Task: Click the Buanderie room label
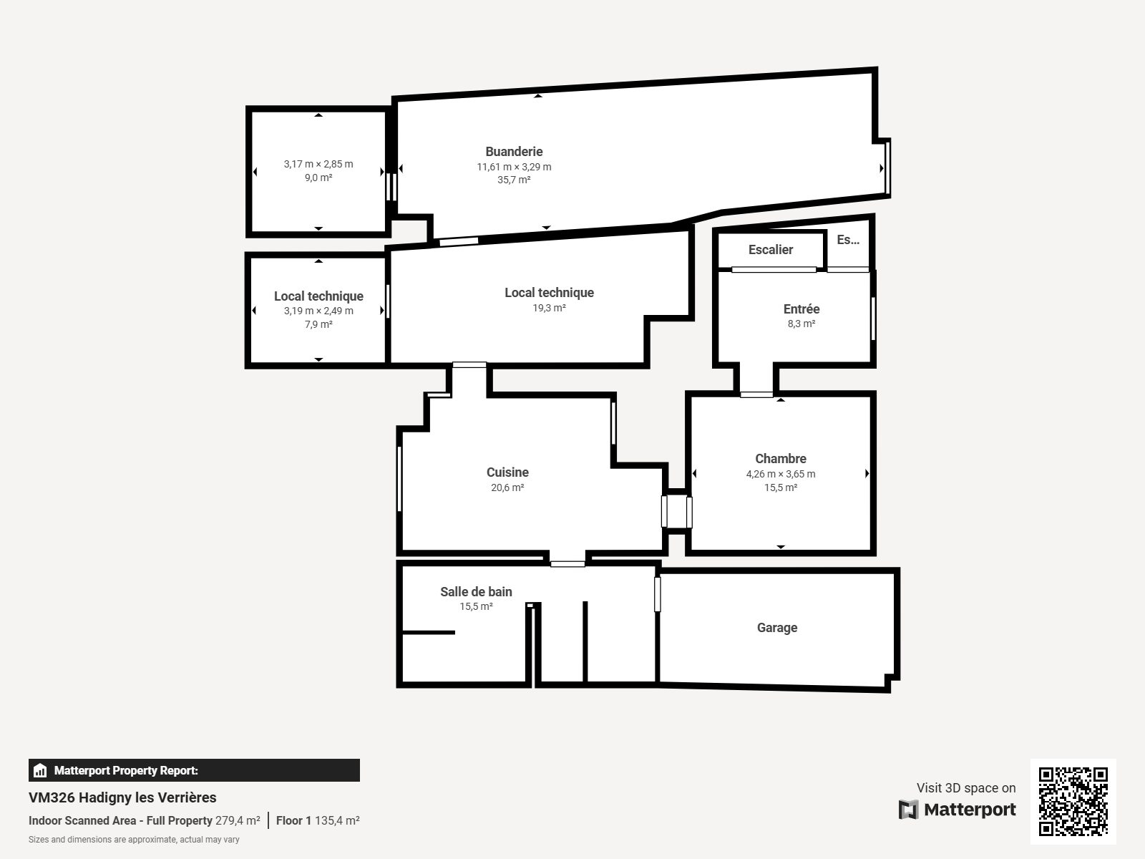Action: click(x=514, y=152)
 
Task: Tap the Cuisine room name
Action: click(x=507, y=472)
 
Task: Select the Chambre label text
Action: click(x=780, y=459)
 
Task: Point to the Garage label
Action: click(x=777, y=628)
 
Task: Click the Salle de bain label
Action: click(x=477, y=592)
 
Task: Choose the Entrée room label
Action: click(x=801, y=309)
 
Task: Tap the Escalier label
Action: click(x=771, y=250)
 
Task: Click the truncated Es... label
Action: click(x=848, y=240)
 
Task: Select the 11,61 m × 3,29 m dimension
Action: click(x=514, y=167)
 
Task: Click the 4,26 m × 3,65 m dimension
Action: click(x=780, y=474)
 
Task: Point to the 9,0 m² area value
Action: click(x=318, y=178)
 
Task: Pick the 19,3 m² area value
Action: click(x=549, y=309)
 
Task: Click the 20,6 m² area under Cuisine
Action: click(x=507, y=487)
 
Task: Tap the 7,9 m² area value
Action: click(x=318, y=324)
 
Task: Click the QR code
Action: click(x=1073, y=802)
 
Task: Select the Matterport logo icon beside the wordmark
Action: click(x=908, y=810)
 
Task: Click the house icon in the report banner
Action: click(x=39, y=770)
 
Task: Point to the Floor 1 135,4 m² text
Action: click(x=318, y=820)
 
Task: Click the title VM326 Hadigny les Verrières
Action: click(x=122, y=797)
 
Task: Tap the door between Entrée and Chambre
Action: click(x=756, y=395)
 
